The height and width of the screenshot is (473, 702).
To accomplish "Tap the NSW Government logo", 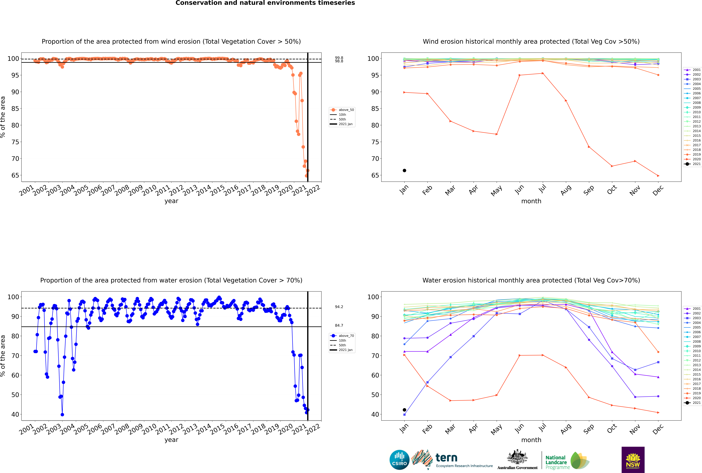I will [x=633, y=460].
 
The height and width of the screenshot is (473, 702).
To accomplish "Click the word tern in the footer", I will [x=446, y=458].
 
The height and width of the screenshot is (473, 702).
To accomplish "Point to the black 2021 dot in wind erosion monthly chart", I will [x=404, y=170].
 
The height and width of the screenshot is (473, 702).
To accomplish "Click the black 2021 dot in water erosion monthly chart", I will [x=404, y=410].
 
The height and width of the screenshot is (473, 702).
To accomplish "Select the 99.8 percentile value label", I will [x=339, y=58].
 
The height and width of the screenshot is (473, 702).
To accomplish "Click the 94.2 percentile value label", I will [x=339, y=307].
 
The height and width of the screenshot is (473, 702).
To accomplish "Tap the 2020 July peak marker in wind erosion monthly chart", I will [x=543, y=73].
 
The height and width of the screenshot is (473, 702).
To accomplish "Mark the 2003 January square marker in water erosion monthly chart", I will [x=404, y=414].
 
